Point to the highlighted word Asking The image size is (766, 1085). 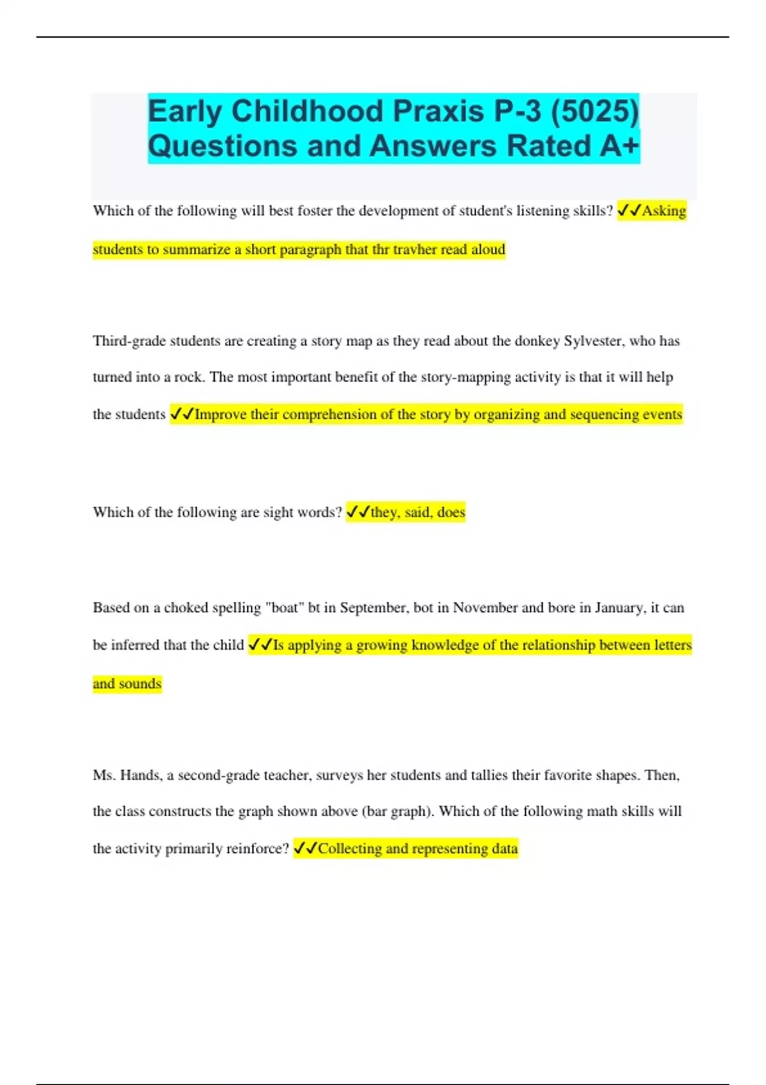pos(664,211)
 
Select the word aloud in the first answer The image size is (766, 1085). pos(488,250)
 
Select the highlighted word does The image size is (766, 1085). pos(451,512)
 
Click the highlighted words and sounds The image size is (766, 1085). pos(127,684)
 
